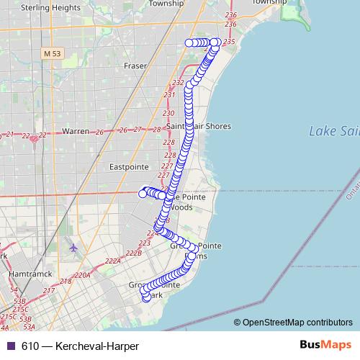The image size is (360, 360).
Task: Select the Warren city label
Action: [75, 132]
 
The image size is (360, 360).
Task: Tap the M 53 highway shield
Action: [53, 53]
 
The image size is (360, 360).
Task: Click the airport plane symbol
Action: [73, 248]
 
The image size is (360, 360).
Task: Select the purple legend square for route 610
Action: [10, 346]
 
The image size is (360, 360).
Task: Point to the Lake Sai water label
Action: [333, 131]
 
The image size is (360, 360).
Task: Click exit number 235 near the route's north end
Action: [230, 42]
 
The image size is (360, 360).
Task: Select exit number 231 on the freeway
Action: [169, 95]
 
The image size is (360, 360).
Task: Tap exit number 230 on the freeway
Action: [168, 114]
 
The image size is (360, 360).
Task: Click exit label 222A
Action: [112, 261]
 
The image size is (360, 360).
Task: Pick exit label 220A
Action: [81, 274]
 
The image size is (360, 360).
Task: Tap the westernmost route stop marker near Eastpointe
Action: [143, 193]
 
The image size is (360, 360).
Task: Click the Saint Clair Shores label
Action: [199, 126]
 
